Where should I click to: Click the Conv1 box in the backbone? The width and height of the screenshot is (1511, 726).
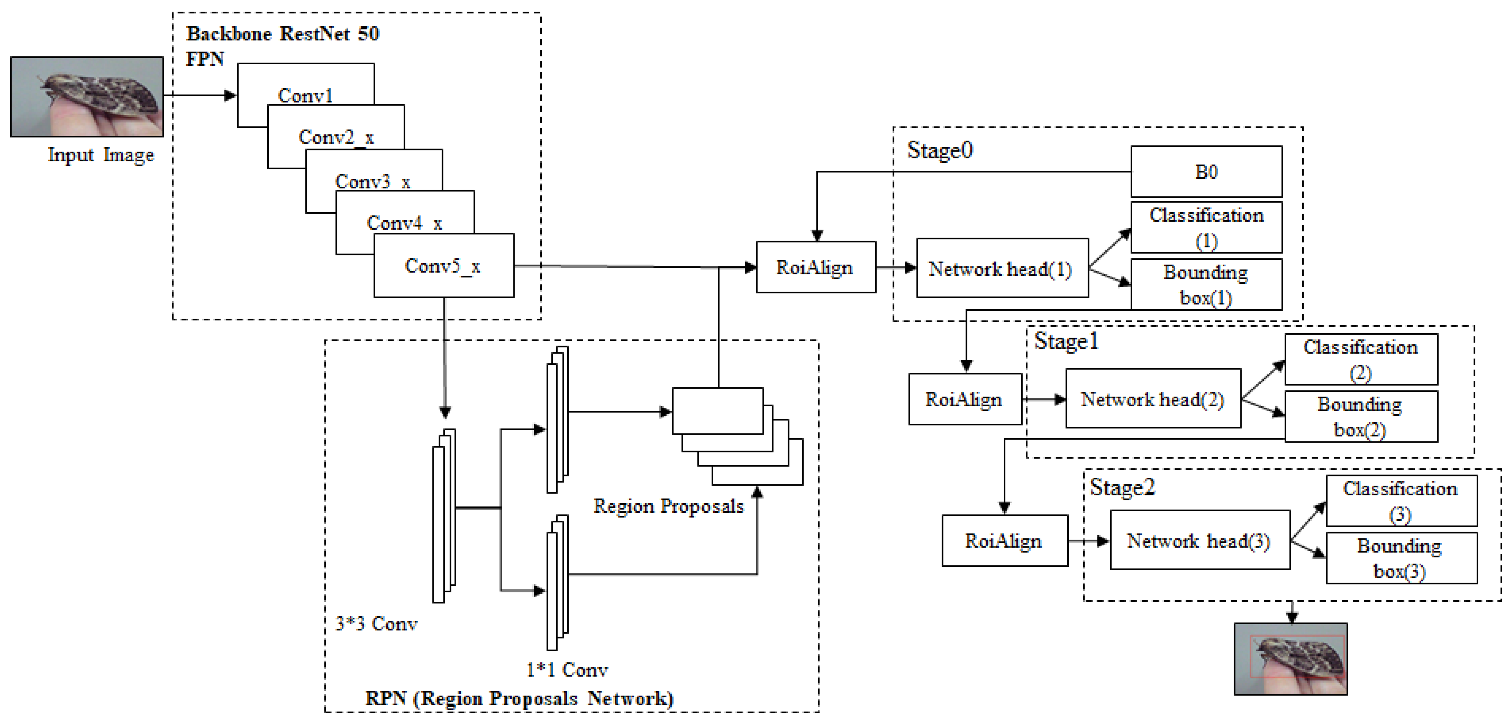[x=305, y=88]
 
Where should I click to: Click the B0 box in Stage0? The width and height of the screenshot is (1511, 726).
[x=1206, y=172]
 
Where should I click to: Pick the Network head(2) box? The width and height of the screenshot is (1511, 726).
[x=1153, y=399]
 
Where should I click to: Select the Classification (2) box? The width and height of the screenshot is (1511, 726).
[x=1361, y=359]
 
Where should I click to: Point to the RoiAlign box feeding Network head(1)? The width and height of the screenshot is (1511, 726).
[x=815, y=267]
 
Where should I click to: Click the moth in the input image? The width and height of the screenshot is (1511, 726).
[x=103, y=94]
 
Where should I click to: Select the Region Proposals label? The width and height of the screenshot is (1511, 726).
[x=668, y=506]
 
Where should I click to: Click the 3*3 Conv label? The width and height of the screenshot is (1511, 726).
[x=376, y=623]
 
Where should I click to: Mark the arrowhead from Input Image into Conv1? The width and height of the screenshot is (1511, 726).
[x=231, y=95]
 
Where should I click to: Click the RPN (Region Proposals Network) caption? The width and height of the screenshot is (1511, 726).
[x=519, y=698]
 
